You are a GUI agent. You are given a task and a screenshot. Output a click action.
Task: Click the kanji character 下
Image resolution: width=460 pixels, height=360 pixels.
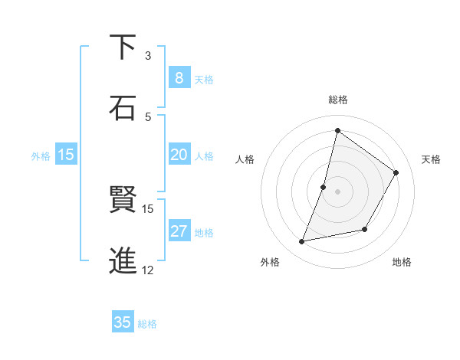point(123,48)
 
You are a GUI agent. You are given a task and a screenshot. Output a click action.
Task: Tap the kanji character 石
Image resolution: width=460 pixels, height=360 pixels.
point(123,108)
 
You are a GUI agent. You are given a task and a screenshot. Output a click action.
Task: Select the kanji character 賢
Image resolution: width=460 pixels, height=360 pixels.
point(123,201)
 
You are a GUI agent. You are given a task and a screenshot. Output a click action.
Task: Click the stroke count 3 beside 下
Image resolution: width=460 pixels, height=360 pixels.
point(148,56)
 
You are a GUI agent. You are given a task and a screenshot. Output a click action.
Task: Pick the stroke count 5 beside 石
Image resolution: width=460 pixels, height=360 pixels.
point(148,116)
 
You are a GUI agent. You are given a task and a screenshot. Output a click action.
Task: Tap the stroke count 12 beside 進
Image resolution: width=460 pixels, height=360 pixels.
point(148,270)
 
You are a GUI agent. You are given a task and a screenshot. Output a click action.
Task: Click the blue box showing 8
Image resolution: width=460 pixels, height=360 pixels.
point(179,78)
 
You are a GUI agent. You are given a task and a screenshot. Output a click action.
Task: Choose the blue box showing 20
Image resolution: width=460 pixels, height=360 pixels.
point(179,155)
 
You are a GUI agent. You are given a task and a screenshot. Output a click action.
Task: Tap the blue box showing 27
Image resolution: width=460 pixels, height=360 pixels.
point(179,231)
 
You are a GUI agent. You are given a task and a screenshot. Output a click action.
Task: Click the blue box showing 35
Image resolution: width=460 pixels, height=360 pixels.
point(123,322)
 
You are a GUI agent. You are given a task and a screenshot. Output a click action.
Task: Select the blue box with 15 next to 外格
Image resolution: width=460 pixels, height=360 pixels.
point(66,155)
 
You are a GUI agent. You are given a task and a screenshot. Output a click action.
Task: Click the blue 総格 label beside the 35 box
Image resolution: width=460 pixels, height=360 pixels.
point(147,323)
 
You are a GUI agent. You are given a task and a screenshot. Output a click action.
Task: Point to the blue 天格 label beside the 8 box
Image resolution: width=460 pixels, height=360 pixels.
point(204,79)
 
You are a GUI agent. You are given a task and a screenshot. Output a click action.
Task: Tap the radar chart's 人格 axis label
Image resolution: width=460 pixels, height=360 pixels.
point(245,159)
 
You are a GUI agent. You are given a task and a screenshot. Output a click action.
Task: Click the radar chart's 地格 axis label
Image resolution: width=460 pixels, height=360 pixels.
point(402,262)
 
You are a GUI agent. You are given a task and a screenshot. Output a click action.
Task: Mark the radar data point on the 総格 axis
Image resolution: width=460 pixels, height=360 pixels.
point(337,131)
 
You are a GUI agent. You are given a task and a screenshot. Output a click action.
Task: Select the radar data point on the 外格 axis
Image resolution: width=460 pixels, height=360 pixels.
point(302,241)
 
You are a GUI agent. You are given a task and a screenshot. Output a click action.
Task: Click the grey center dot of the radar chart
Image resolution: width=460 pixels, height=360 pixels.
point(337,191)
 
